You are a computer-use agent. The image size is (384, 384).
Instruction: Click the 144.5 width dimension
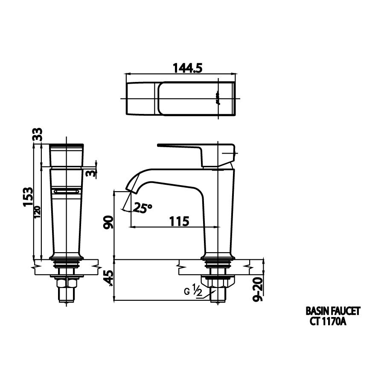[187, 68]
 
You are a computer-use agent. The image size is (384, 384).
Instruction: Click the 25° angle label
[142, 208]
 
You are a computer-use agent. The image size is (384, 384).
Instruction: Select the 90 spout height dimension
[109, 222]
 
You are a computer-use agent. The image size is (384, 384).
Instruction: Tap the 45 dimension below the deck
[109, 279]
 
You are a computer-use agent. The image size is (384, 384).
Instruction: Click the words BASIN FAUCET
[333, 311]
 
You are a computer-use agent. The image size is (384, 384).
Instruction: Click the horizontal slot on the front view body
[66, 192]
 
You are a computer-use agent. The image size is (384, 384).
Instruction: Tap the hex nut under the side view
[218, 282]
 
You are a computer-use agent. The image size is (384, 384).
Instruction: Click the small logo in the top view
[217, 97]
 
